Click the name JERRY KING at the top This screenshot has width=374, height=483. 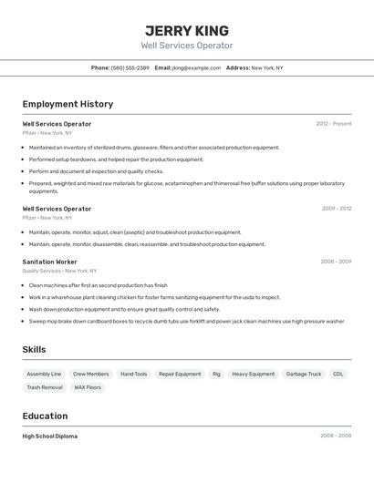[x=187, y=30]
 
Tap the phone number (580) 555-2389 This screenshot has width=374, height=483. [x=130, y=67]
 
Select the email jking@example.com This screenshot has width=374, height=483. [x=196, y=67]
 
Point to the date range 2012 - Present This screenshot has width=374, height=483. [x=333, y=124]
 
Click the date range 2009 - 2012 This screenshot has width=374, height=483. [x=336, y=209]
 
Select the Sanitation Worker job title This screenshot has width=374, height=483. [x=49, y=262]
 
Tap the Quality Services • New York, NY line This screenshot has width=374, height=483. [x=59, y=271]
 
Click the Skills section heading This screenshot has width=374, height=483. [x=34, y=350]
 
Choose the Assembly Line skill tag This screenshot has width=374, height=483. [x=44, y=374]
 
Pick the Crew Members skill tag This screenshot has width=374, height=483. [x=90, y=374]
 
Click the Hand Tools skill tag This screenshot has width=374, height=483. [x=133, y=374]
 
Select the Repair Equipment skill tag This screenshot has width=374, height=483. [x=180, y=374]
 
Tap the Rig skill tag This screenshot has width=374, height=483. [x=216, y=374]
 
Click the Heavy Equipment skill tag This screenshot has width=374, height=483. [x=253, y=374]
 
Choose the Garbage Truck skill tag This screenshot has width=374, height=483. [x=303, y=374]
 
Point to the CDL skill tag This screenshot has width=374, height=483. [x=338, y=374]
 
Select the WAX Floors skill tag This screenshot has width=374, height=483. [x=88, y=387]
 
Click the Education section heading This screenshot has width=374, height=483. [x=47, y=416]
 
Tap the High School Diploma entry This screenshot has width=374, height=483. [x=49, y=437]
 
